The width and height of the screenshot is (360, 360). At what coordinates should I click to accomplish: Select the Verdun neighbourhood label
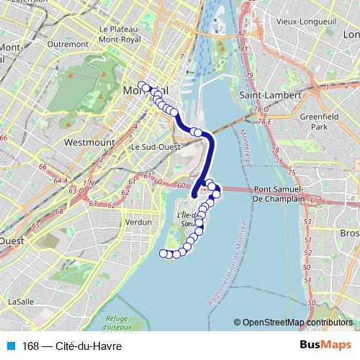click(139, 222)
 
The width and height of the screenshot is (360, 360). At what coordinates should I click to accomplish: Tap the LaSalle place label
click(22, 301)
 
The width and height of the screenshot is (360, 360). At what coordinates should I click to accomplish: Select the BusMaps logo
click(325, 346)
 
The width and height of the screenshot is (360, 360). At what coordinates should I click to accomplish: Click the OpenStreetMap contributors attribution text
click(298, 323)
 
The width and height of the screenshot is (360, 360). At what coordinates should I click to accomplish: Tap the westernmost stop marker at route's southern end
click(164, 253)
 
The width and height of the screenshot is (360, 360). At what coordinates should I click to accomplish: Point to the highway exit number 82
click(242, 33)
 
